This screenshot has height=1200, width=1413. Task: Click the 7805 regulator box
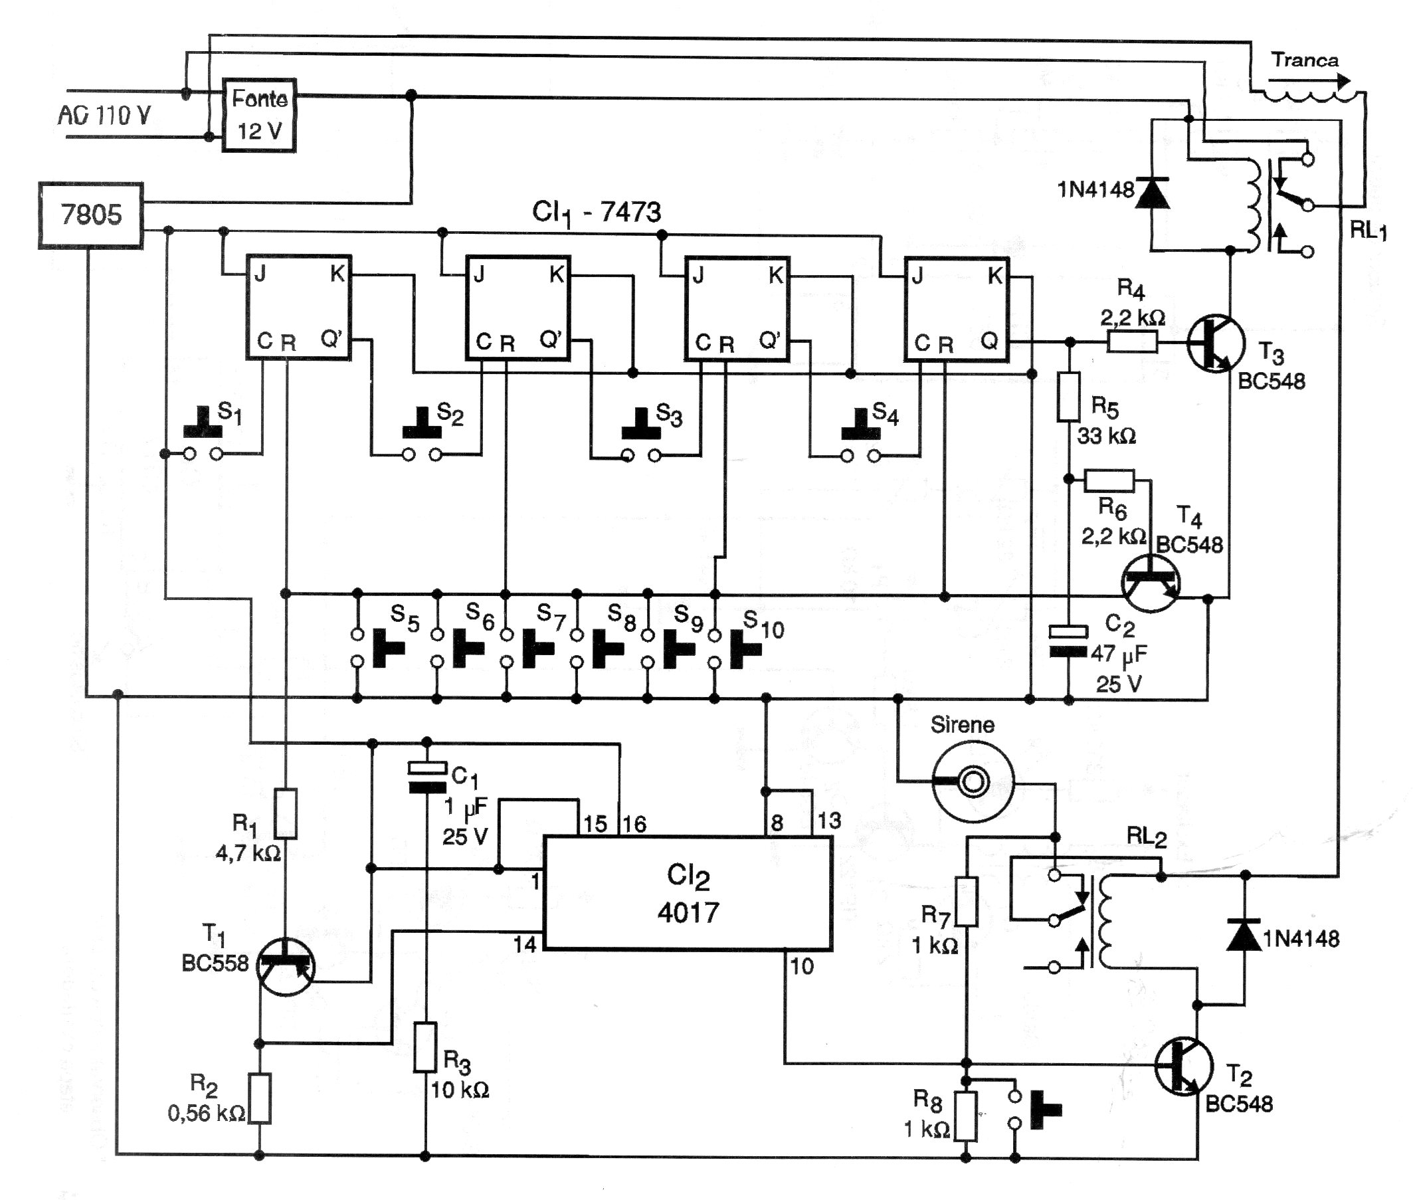[x=90, y=215]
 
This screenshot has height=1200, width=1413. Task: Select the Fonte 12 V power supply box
[x=260, y=115]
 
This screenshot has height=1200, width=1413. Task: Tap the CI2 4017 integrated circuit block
[x=688, y=893]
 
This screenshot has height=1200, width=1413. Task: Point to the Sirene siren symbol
[x=973, y=781]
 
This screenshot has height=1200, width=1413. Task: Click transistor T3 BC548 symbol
[x=1216, y=344]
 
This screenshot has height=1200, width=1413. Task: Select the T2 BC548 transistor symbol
[x=1184, y=1066]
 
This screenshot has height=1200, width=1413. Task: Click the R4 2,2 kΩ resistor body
[x=1132, y=342]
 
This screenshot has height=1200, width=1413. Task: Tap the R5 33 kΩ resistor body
[x=1068, y=396]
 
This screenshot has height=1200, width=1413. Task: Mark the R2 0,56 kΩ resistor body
[x=260, y=1098]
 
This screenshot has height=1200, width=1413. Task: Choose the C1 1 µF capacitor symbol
[x=427, y=777]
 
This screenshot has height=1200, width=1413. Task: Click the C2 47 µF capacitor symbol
[x=1068, y=641]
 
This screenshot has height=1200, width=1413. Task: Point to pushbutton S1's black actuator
[x=203, y=425]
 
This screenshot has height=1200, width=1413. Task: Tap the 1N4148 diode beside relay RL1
[x=1152, y=193]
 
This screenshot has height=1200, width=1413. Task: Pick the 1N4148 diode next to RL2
[x=1245, y=935]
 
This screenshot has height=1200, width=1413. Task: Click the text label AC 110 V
[x=104, y=115]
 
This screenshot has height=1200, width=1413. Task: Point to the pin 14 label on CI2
[x=525, y=944]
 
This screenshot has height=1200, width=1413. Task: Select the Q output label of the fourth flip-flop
[x=989, y=340]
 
